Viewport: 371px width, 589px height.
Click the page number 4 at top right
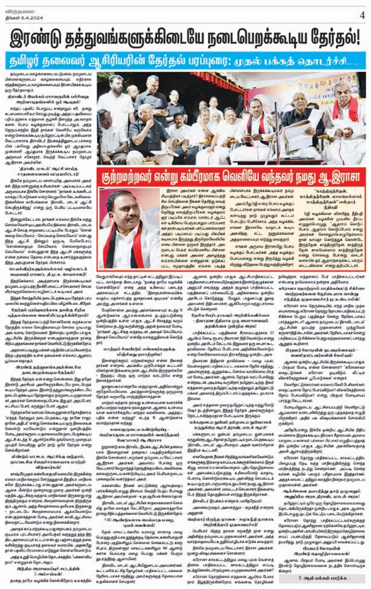[x=362, y=15]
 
